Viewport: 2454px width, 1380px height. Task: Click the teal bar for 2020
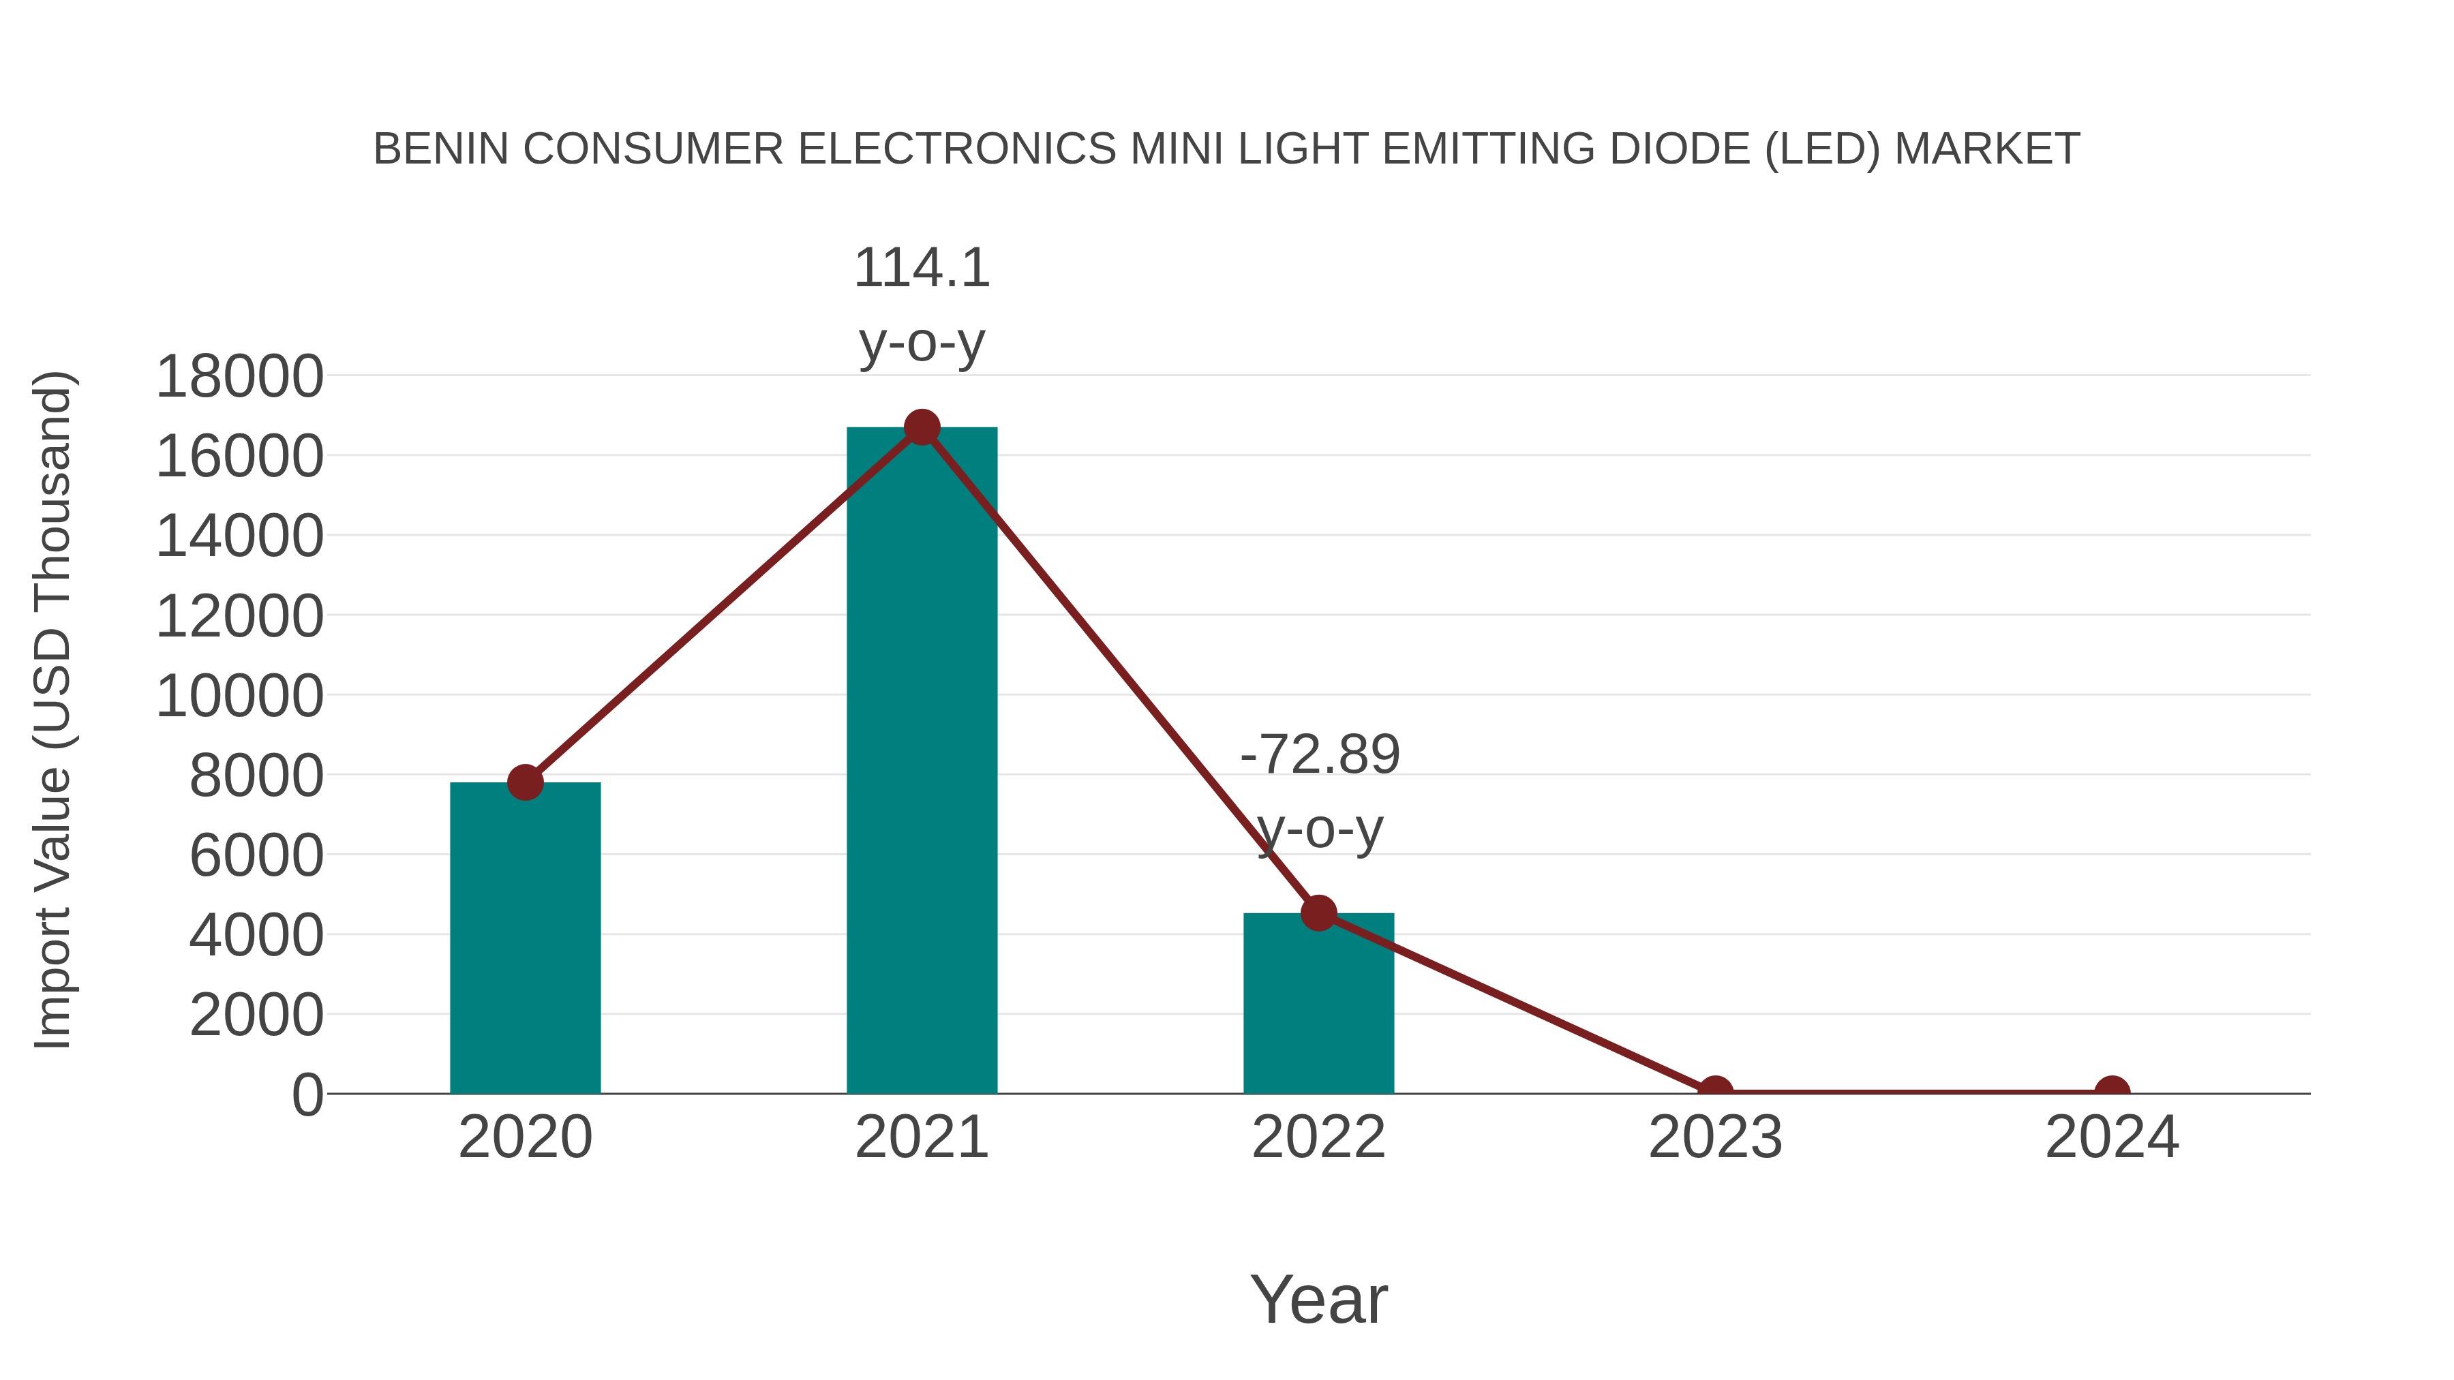tap(525, 938)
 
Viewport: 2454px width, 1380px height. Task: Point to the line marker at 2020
tap(525, 783)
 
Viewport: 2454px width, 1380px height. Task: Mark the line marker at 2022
tap(1318, 913)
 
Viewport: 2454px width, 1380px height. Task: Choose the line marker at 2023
tap(1715, 1092)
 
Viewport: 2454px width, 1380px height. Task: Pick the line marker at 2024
tap(2112, 1092)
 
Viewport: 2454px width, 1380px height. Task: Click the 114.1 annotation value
tap(921, 268)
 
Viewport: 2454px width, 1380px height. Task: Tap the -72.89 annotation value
tap(1320, 755)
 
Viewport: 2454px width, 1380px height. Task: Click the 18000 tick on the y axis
tap(239, 376)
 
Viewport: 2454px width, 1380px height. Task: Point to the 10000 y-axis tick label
tap(239, 696)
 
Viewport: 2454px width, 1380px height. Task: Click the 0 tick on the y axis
tap(307, 1095)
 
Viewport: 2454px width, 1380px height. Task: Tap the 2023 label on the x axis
tap(1715, 1137)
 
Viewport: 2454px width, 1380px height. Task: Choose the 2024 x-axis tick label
tap(2112, 1137)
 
